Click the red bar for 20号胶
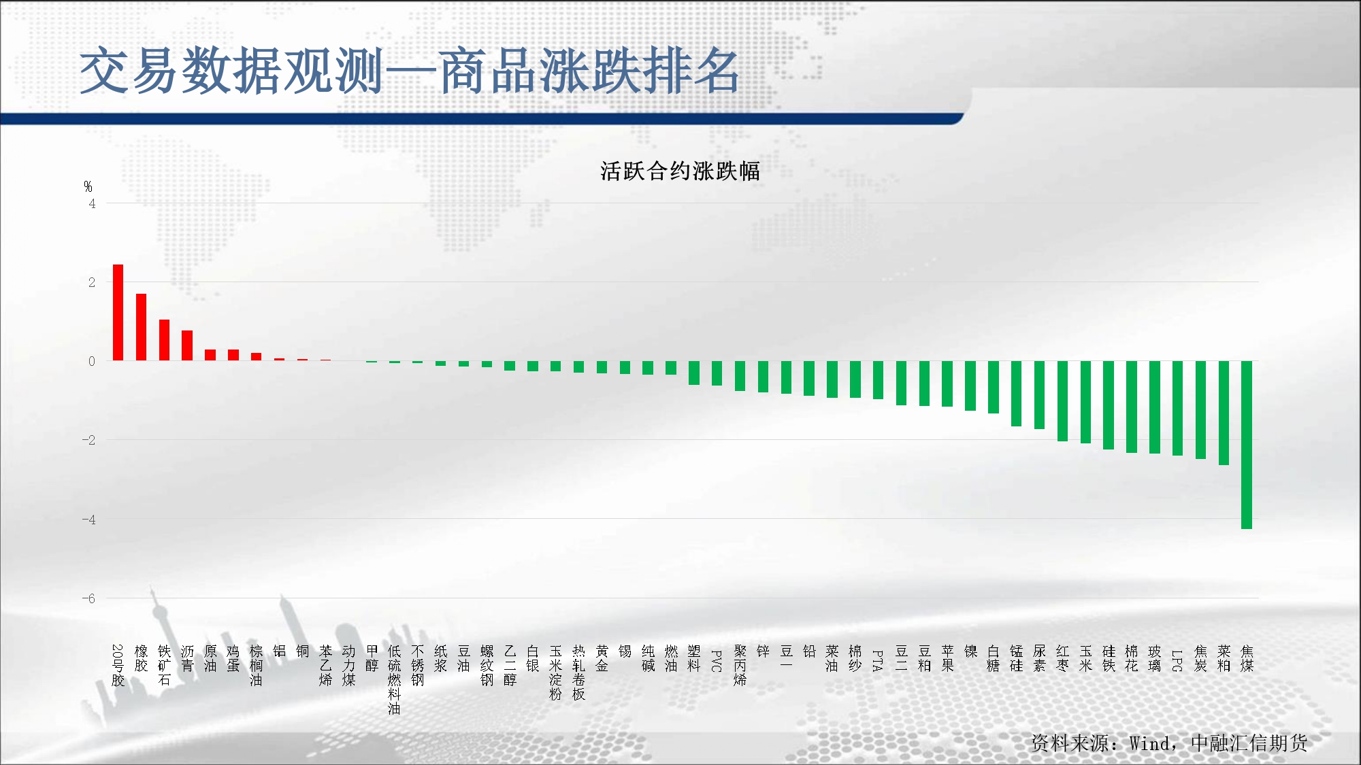point(118,313)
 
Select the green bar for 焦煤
point(1247,445)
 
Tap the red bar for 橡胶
point(141,327)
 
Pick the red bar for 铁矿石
point(164,340)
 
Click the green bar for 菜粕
point(1224,413)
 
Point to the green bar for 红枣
point(1062,401)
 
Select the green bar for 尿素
point(1039,395)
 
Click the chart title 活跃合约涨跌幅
point(680,171)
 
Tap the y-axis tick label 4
point(92,203)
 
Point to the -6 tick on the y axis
point(88,598)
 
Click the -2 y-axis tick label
point(88,440)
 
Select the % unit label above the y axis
point(88,186)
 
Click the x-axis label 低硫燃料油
point(394,680)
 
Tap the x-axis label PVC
point(717,661)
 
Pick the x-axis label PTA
point(878,661)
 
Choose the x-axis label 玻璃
point(1154,659)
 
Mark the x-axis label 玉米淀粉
point(555,673)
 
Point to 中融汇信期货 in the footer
point(1249,743)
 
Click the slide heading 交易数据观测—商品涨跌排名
point(410,71)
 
